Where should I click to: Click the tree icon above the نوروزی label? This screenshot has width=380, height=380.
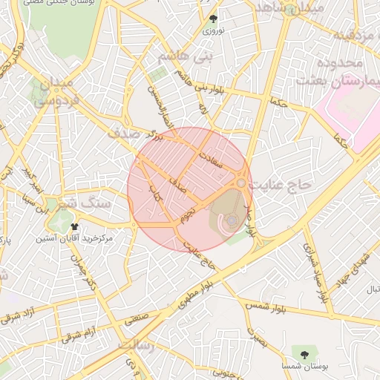click(214, 19)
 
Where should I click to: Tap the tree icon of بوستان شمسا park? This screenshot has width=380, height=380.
click(304, 351)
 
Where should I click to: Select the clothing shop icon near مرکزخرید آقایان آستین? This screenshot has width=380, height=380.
click(74, 226)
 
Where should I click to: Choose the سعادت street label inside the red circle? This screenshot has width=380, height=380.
click(214, 164)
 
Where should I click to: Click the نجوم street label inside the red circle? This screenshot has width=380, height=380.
click(189, 216)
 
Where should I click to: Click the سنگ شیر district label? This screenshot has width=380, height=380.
click(82, 201)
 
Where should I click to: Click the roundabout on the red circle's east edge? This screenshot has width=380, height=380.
click(242, 183)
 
